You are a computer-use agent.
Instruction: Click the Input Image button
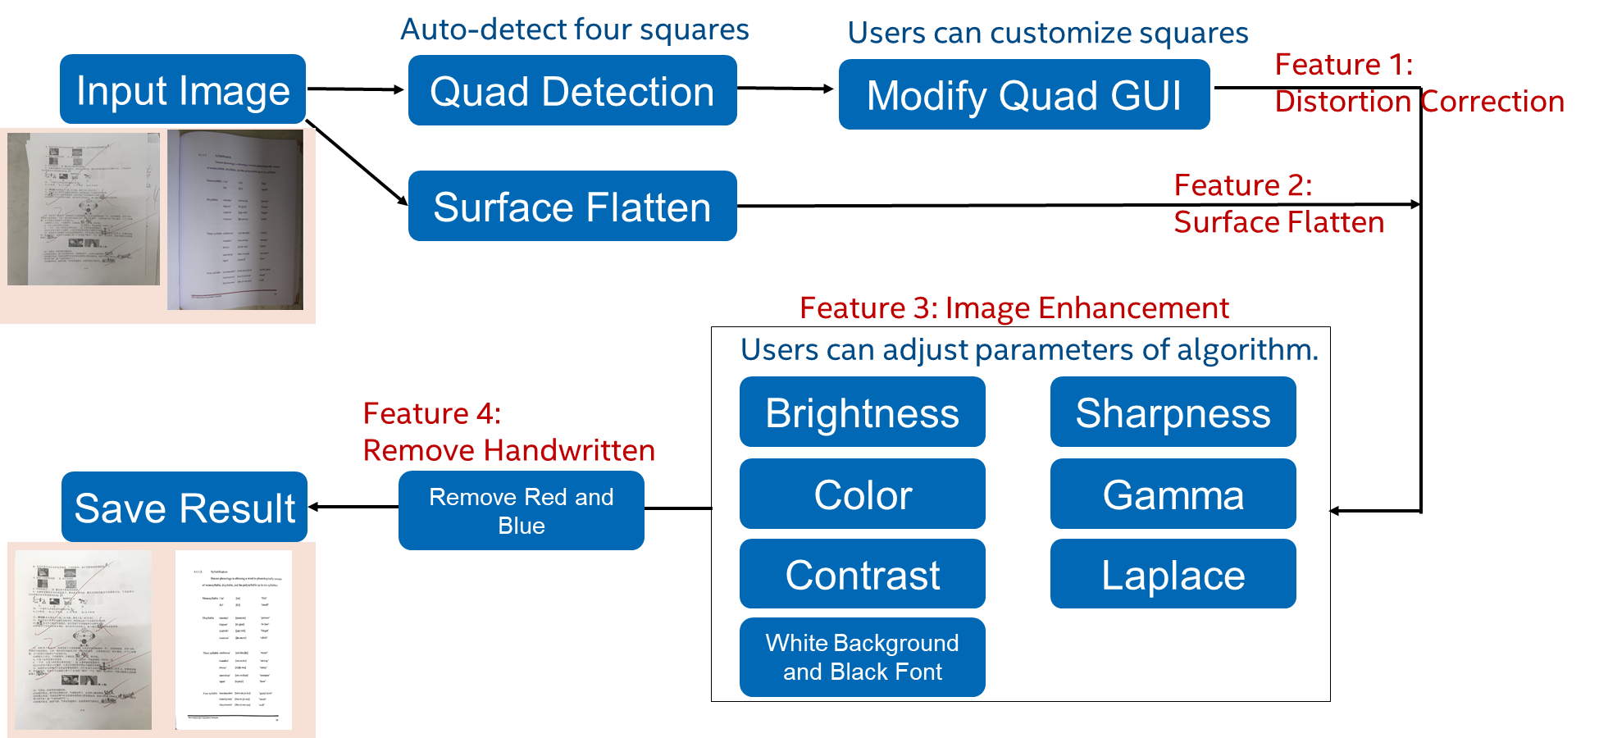(183, 89)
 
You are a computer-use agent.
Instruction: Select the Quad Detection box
(572, 91)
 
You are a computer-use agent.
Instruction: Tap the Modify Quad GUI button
(1024, 95)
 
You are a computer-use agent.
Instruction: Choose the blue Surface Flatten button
(572, 206)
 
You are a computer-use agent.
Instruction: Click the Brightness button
(862, 412)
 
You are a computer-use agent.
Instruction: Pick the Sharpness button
(1173, 412)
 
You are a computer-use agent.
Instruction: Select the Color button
(862, 494)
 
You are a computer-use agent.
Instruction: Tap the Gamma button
(1173, 494)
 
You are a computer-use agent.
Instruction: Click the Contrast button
(862, 574)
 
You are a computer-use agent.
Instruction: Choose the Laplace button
(1173, 574)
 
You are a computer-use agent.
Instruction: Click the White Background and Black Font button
(862, 657)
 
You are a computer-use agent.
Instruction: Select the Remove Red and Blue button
(522, 511)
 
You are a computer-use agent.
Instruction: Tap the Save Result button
(184, 508)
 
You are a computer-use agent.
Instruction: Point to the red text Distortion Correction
(1419, 102)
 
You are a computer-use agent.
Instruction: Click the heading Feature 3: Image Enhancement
(1014, 308)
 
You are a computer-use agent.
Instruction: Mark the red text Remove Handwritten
(508, 450)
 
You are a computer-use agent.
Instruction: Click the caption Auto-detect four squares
(574, 30)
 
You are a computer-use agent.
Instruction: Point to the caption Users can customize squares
(1047, 33)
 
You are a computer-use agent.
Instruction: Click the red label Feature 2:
(1242, 185)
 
